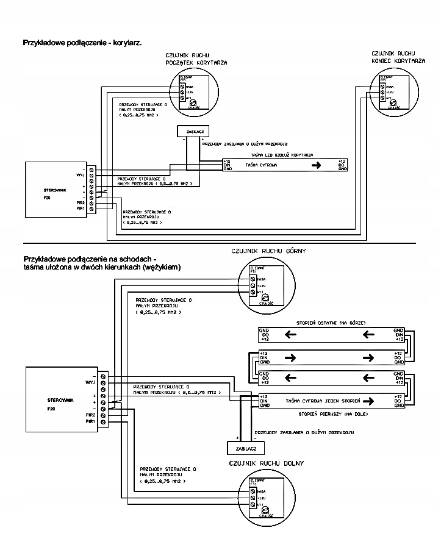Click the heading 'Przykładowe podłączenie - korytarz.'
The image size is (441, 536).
tap(82, 43)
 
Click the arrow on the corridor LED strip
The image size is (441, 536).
tap(315, 165)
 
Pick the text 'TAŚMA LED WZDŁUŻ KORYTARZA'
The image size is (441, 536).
tap(282, 155)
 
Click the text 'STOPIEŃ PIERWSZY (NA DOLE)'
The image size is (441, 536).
tap(329, 413)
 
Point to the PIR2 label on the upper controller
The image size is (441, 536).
tap(80, 202)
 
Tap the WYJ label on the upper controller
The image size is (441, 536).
tap(79, 174)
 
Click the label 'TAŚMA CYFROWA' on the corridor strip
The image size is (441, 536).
tap(262, 165)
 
